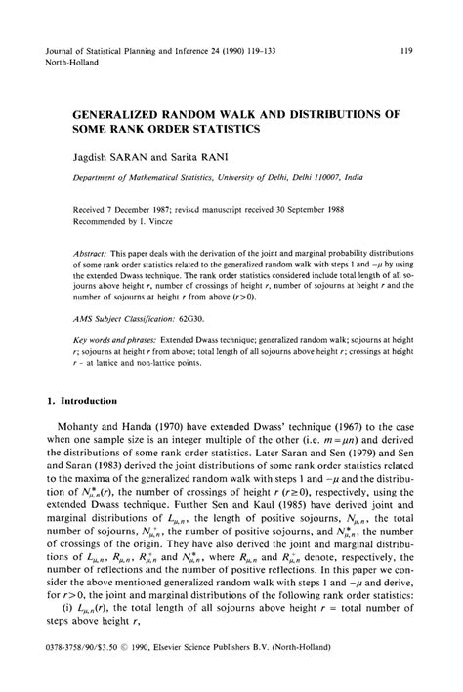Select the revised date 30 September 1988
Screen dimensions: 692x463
[x=329, y=209]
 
